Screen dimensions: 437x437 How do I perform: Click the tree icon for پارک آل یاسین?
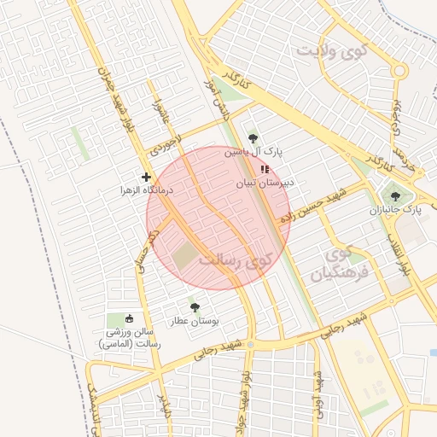pyautogui.click(x=253, y=138)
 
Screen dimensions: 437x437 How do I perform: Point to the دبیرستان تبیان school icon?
pyautogui.click(x=264, y=169)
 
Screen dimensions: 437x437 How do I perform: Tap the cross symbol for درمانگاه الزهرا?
pyautogui.click(x=146, y=177)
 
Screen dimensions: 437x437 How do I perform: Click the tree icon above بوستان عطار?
pyautogui.click(x=195, y=306)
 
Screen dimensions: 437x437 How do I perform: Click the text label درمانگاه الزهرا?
pyautogui.click(x=147, y=190)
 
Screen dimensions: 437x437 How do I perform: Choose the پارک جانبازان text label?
pyautogui.click(x=395, y=209)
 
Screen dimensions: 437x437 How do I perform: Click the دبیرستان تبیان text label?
pyautogui.click(x=265, y=182)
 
